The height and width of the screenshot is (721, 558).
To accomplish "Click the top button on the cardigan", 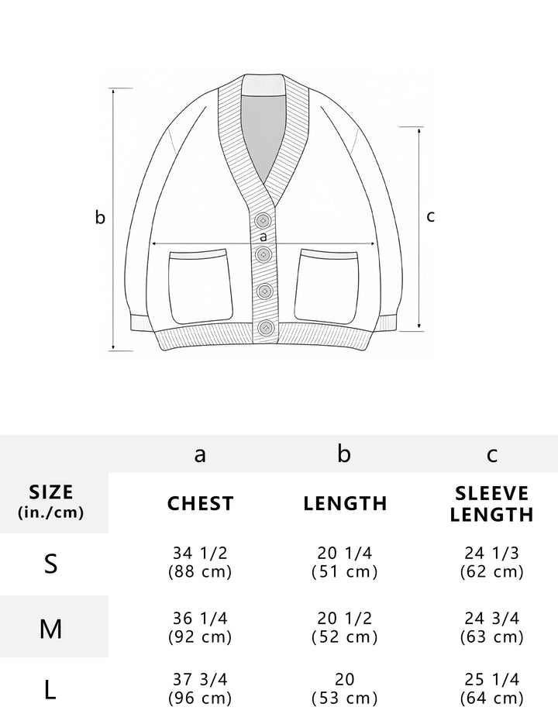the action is pos(263,221).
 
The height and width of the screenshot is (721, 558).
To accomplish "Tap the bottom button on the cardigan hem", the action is pos(266,328).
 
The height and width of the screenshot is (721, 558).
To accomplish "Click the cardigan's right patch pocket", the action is pos(325,287).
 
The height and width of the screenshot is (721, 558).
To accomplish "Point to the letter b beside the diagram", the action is pos(100,217).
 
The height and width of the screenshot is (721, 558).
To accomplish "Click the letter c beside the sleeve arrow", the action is pos(430,216).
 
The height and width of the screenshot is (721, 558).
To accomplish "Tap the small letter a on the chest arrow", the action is pos(263,237).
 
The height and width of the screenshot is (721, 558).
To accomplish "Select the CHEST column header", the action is pos(201,503).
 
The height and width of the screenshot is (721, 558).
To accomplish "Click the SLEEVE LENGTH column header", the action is pos(491,504).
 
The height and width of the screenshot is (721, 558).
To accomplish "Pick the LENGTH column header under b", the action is pos(345,503).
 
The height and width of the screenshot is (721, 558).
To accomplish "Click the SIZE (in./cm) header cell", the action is pos(51,501).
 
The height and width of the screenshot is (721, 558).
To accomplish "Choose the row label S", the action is pos(51,564).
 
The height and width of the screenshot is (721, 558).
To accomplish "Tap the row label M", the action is pos(50,629).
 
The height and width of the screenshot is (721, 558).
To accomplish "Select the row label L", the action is pos(50,690).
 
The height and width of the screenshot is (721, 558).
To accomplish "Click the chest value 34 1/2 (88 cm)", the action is pos(200,562).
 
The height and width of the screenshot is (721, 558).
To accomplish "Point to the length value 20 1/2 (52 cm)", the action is pos(345,627).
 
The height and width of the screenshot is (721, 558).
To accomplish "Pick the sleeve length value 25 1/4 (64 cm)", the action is pos(492,688).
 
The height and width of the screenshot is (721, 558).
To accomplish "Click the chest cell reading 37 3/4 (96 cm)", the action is pos(200,688).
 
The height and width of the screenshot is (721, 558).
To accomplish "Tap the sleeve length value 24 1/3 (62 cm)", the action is pos(492,562).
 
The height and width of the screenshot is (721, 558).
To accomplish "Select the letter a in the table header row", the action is pos(200,455).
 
